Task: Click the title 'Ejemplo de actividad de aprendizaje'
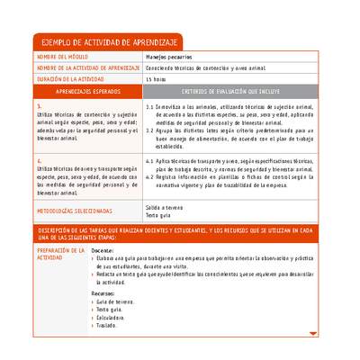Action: point(106,43)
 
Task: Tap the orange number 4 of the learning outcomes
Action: point(39,160)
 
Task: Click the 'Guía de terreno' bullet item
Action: point(118,301)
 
